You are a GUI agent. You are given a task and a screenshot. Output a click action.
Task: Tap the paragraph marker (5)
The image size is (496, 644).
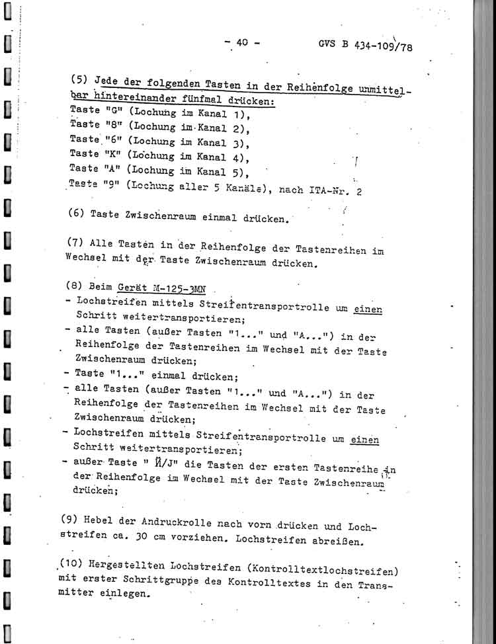(79, 79)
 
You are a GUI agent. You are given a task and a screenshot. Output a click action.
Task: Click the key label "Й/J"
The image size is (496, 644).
(144, 461)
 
